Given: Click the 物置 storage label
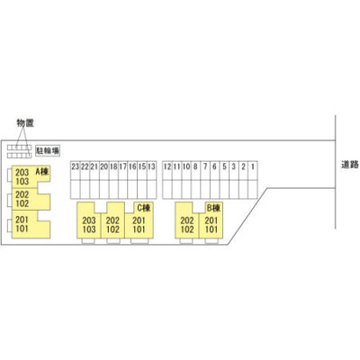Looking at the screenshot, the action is click(x=25, y=123).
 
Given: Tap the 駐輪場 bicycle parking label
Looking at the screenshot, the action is click(x=48, y=150).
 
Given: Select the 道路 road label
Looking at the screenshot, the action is click(x=350, y=165).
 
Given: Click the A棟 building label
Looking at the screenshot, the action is click(x=42, y=171).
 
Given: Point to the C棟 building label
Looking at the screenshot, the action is click(x=144, y=207).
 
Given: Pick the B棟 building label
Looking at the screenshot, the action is click(x=213, y=207).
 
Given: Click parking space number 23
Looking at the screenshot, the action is click(x=75, y=166).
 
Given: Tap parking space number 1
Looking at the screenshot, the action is click(x=253, y=166).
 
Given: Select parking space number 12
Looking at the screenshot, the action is click(x=167, y=166).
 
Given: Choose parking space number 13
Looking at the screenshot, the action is click(x=152, y=166).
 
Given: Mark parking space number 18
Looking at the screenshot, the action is click(x=113, y=166).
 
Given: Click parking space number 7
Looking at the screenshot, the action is click(x=205, y=166).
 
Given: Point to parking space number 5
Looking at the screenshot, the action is click(x=224, y=166).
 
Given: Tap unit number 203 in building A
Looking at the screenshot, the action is click(x=22, y=173).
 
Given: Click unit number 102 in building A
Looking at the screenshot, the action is click(x=22, y=203).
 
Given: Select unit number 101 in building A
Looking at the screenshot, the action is click(x=22, y=229).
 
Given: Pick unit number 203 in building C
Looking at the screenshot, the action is click(x=89, y=220).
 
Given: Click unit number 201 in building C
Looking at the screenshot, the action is click(x=139, y=220).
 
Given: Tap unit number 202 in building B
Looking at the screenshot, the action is click(x=187, y=220).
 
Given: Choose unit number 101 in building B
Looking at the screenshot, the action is click(x=211, y=229).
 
